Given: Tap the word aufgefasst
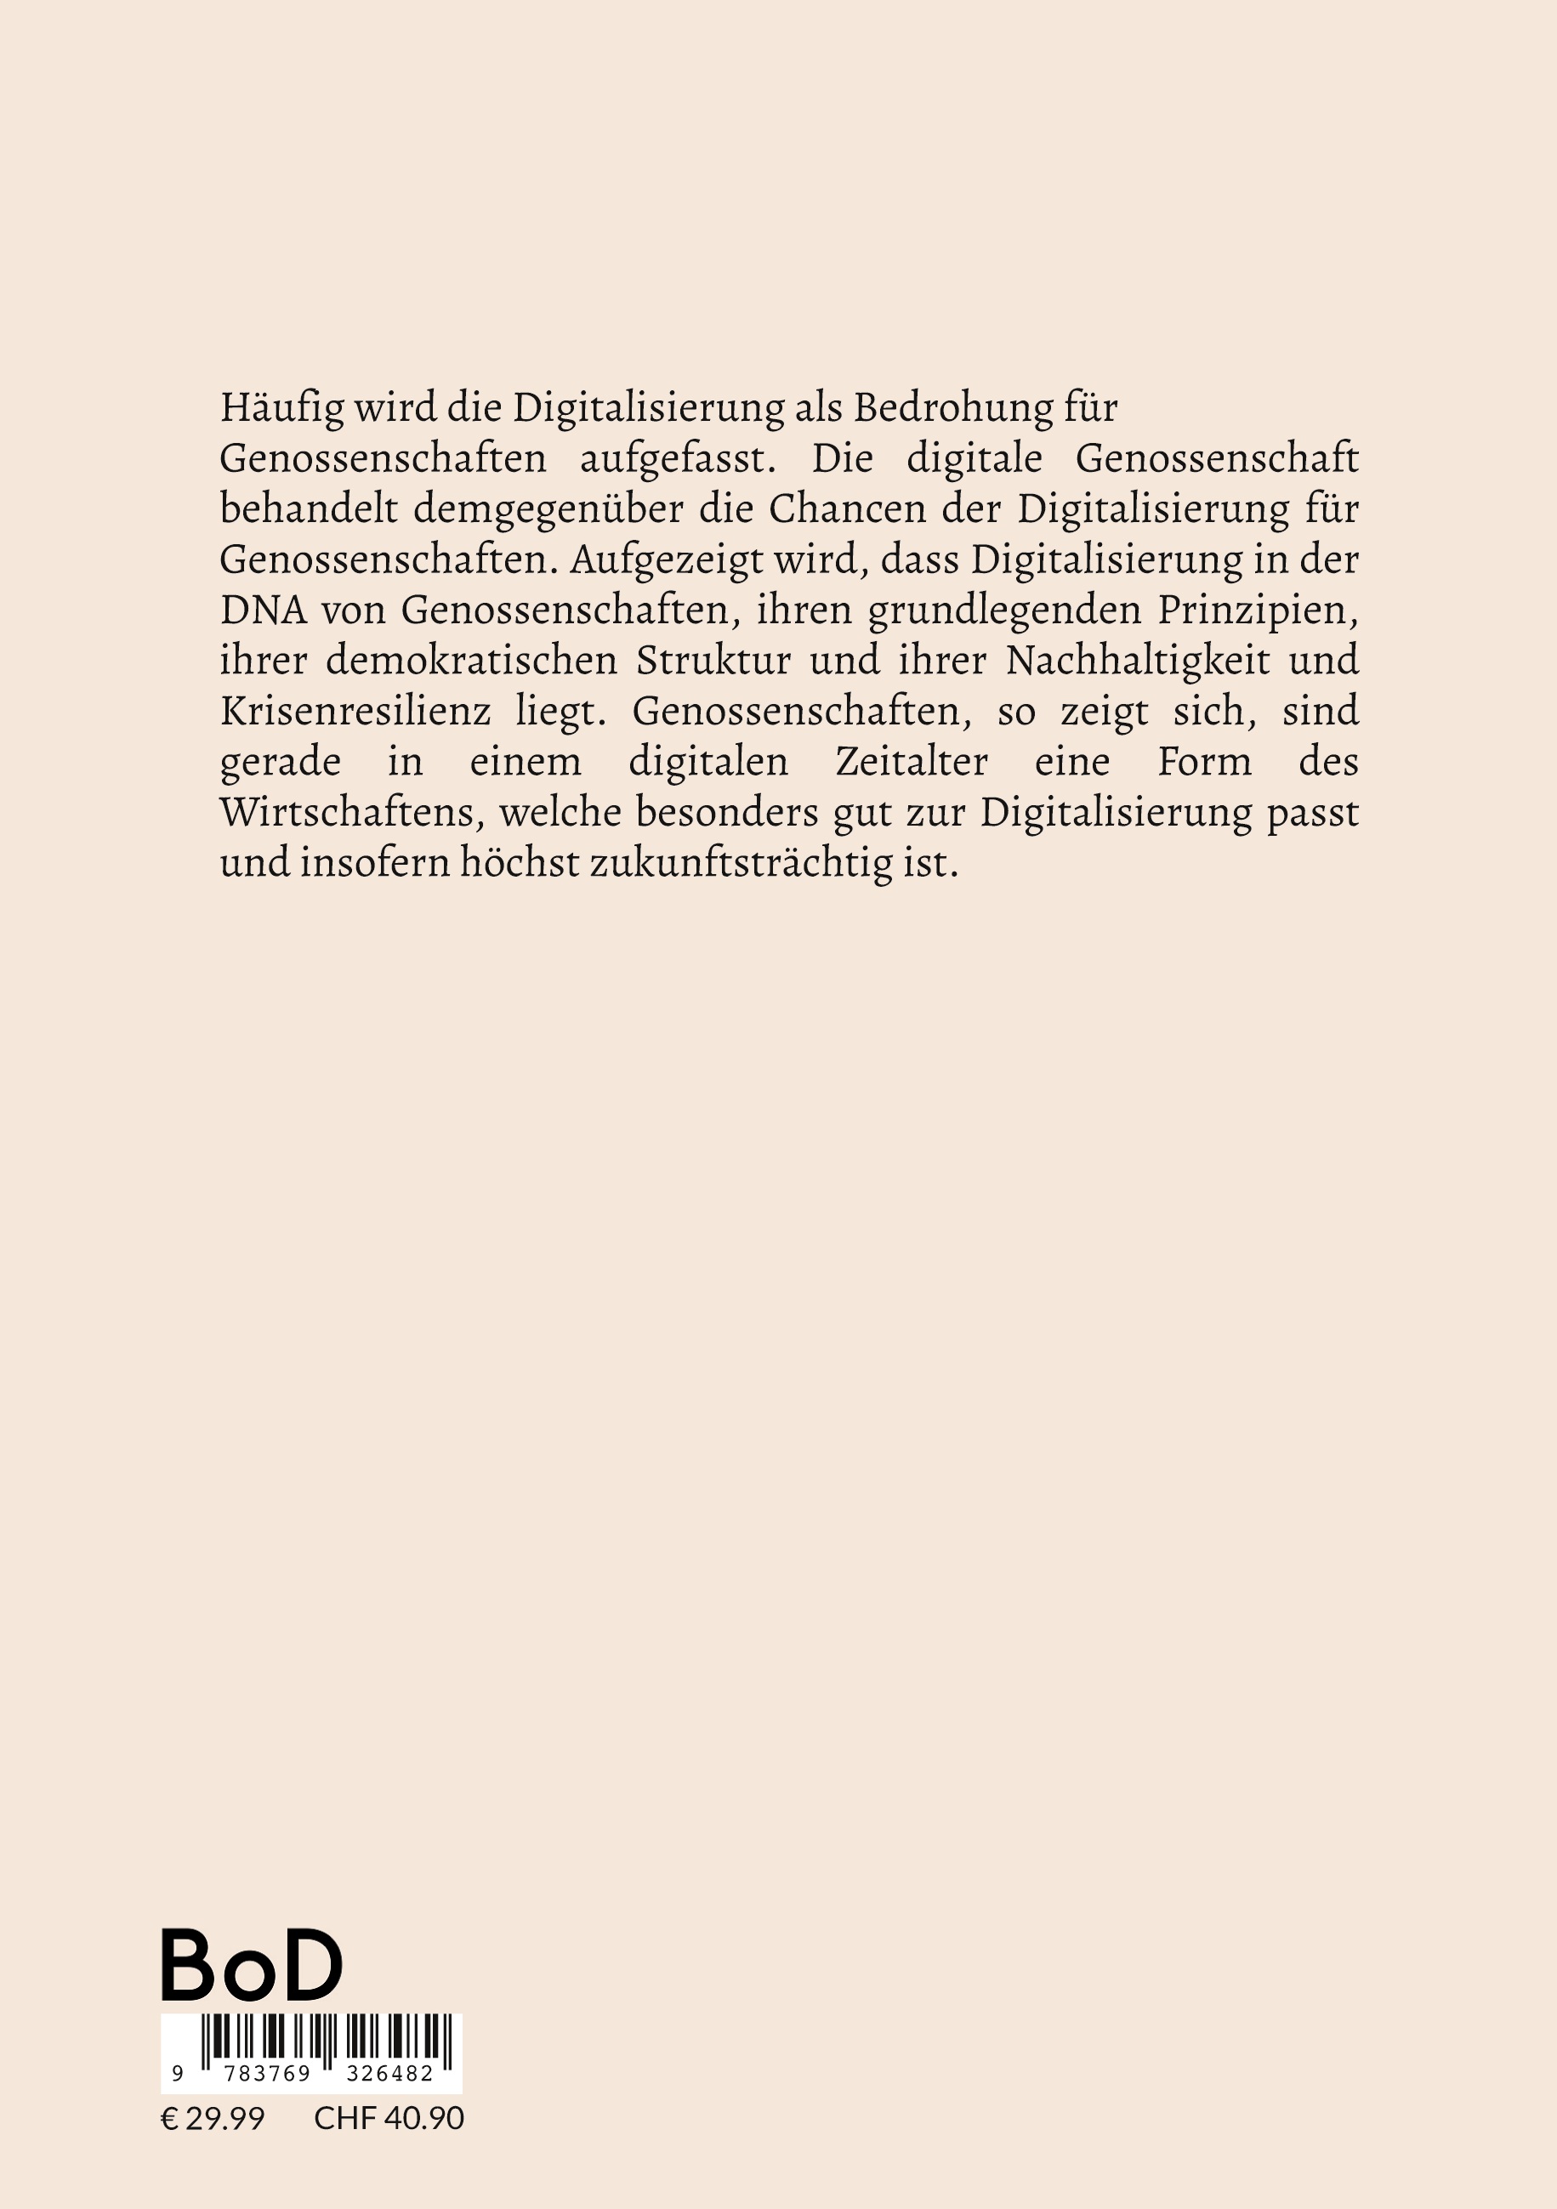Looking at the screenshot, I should point(678,459).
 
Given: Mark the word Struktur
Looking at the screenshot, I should point(713,662).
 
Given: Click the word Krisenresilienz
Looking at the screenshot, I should point(355,712).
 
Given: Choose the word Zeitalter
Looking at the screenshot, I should point(912,763).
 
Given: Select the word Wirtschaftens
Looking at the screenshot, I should point(352,813).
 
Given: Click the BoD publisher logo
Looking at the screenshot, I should point(251,1966).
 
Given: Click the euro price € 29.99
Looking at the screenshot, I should point(212,2118).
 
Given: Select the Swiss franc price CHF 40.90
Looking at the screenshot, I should point(389,2118).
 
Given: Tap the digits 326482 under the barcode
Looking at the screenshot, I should point(389,2075).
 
